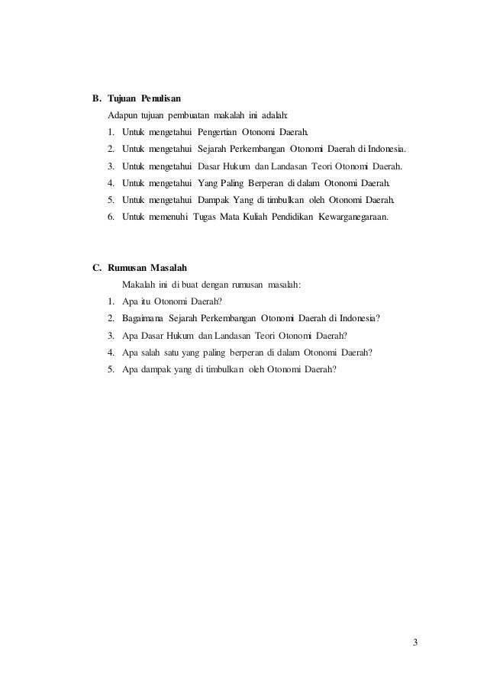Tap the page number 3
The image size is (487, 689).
(414, 641)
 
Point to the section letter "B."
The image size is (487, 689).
(96, 99)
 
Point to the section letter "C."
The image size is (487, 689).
(96, 268)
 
